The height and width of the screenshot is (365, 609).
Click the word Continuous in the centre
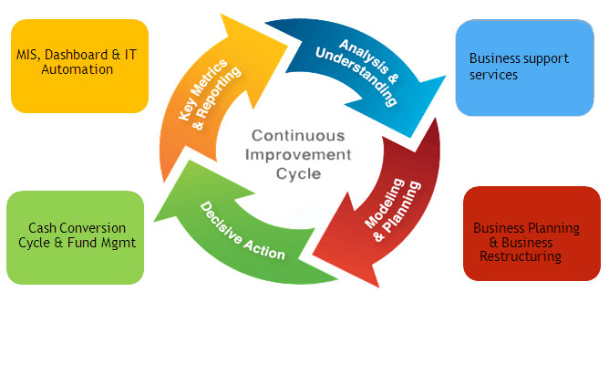pyautogui.click(x=298, y=136)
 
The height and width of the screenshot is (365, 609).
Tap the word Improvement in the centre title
pyautogui.click(x=298, y=155)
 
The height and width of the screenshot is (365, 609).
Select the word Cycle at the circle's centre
pyautogui.click(x=299, y=173)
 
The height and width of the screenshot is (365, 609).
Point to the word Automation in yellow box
pyautogui.click(x=77, y=69)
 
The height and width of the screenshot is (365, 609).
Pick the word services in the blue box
pyautogui.click(x=493, y=75)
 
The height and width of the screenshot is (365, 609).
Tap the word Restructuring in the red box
pyautogui.click(x=521, y=256)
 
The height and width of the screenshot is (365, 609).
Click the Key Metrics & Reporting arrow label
pyautogui.click(x=210, y=95)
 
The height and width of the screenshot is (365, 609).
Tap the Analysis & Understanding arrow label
pyautogui.click(x=357, y=73)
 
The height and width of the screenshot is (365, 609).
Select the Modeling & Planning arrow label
pyautogui.click(x=392, y=210)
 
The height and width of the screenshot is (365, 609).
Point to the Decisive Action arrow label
pyautogui.click(x=243, y=231)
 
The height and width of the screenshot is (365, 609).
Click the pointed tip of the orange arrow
pyautogui.click(x=288, y=47)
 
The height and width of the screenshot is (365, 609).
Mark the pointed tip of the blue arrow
pyautogui.click(x=411, y=138)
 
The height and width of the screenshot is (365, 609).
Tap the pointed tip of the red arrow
pyautogui.click(x=313, y=255)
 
